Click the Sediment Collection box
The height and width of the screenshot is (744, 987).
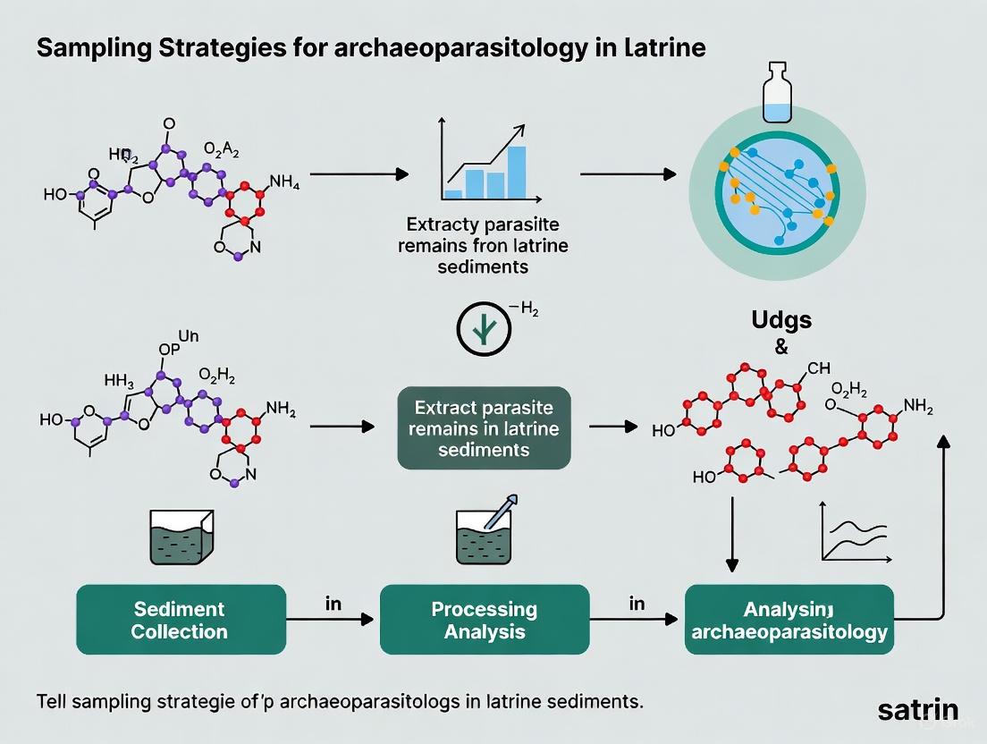tap(181, 620)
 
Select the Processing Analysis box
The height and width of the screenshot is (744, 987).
tap(484, 620)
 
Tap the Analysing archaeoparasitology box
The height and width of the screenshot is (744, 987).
tap(789, 620)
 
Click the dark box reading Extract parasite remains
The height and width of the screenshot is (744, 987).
tap(484, 427)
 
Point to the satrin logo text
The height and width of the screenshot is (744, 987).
tap(917, 711)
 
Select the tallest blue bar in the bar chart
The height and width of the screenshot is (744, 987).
tap(517, 171)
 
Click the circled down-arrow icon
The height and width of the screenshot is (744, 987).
tap(484, 332)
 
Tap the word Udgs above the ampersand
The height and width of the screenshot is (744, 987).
tap(782, 320)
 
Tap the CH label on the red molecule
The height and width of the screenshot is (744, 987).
tap(818, 368)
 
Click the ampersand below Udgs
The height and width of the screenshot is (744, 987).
tap(782, 348)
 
